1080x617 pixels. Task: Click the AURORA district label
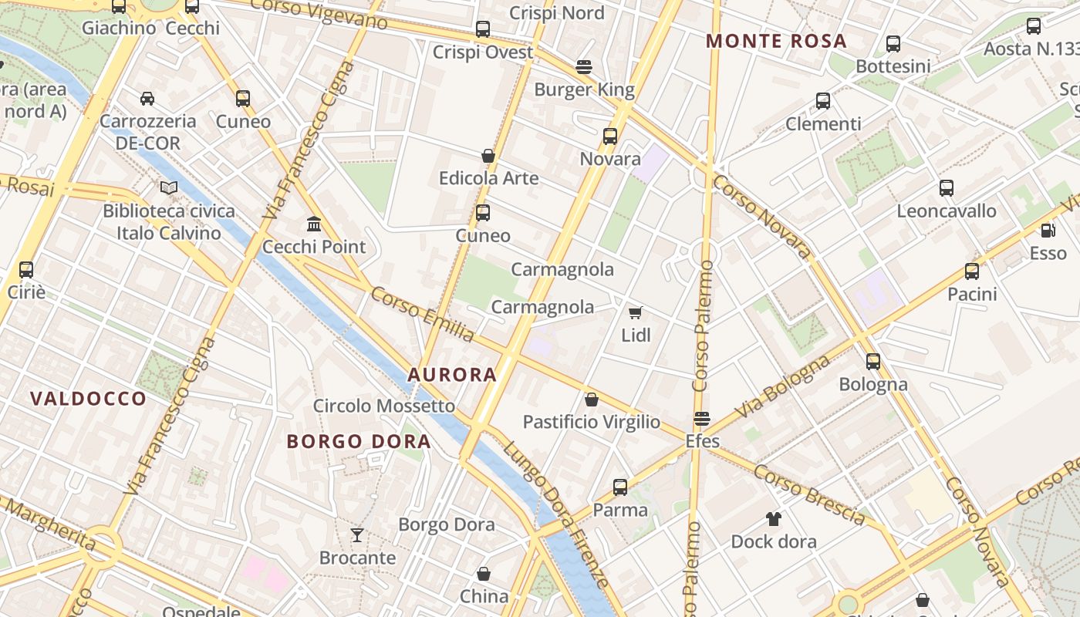point(452,375)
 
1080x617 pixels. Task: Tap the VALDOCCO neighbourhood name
point(88,399)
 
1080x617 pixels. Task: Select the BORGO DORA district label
point(359,442)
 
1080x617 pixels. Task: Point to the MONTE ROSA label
point(776,42)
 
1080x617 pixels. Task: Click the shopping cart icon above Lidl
point(636,312)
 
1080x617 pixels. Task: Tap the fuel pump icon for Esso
point(1048,230)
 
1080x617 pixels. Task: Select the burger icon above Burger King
point(584,67)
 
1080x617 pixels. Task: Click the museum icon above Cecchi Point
point(314,224)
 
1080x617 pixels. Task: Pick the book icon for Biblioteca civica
point(169,187)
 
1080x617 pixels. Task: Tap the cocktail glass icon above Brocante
point(357,534)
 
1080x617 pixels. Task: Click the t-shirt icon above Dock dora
point(774,518)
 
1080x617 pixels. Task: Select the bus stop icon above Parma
point(620,487)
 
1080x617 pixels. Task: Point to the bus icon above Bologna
point(873,361)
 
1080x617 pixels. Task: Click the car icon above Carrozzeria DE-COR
point(147,98)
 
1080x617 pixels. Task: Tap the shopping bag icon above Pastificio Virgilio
point(592,400)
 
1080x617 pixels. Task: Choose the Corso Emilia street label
point(422,315)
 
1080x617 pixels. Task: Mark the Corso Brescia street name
point(809,494)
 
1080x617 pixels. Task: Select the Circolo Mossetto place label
point(384,406)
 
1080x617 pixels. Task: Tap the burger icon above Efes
point(702,419)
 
